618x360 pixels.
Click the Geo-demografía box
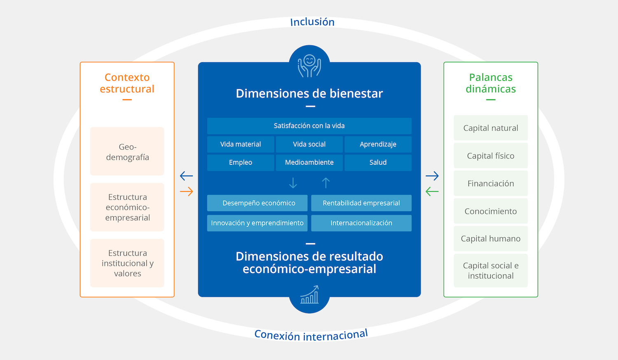click(x=127, y=152)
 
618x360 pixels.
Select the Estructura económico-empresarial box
click(x=127, y=207)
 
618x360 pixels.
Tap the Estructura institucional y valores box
click(x=127, y=263)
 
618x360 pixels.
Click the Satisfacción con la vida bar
click(x=309, y=126)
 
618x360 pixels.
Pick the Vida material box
click(x=241, y=145)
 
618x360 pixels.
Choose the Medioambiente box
click(x=309, y=163)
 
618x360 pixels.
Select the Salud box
click(x=378, y=163)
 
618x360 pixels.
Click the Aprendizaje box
click(x=378, y=145)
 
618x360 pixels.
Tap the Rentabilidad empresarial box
click(x=361, y=203)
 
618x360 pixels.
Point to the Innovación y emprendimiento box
click(x=257, y=223)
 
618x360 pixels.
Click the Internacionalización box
click(x=361, y=223)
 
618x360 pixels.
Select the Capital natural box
click(x=491, y=128)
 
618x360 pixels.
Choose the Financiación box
click(x=491, y=184)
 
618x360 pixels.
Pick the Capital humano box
click(x=491, y=239)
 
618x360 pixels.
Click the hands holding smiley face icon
click(x=309, y=65)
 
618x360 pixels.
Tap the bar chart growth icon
click(x=310, y=295)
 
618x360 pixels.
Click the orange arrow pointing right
click(x=187, y=192)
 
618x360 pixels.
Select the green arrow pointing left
click(x=432, y=192)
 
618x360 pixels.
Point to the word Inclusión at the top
click(x=312, y=22)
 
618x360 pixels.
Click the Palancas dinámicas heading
click(x=491, y=83)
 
